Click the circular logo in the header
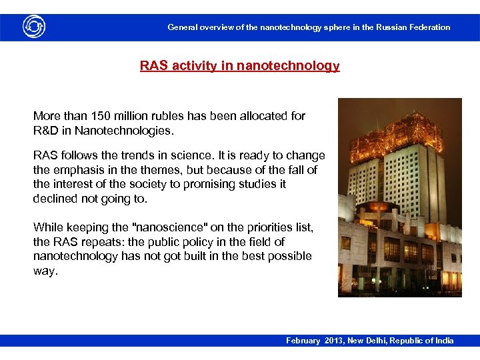click(x=34, y=27)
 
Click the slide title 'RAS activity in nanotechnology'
click(x=239, y=66)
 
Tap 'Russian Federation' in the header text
click(x=413, y=27)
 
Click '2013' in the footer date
click(x=336, y=341)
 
